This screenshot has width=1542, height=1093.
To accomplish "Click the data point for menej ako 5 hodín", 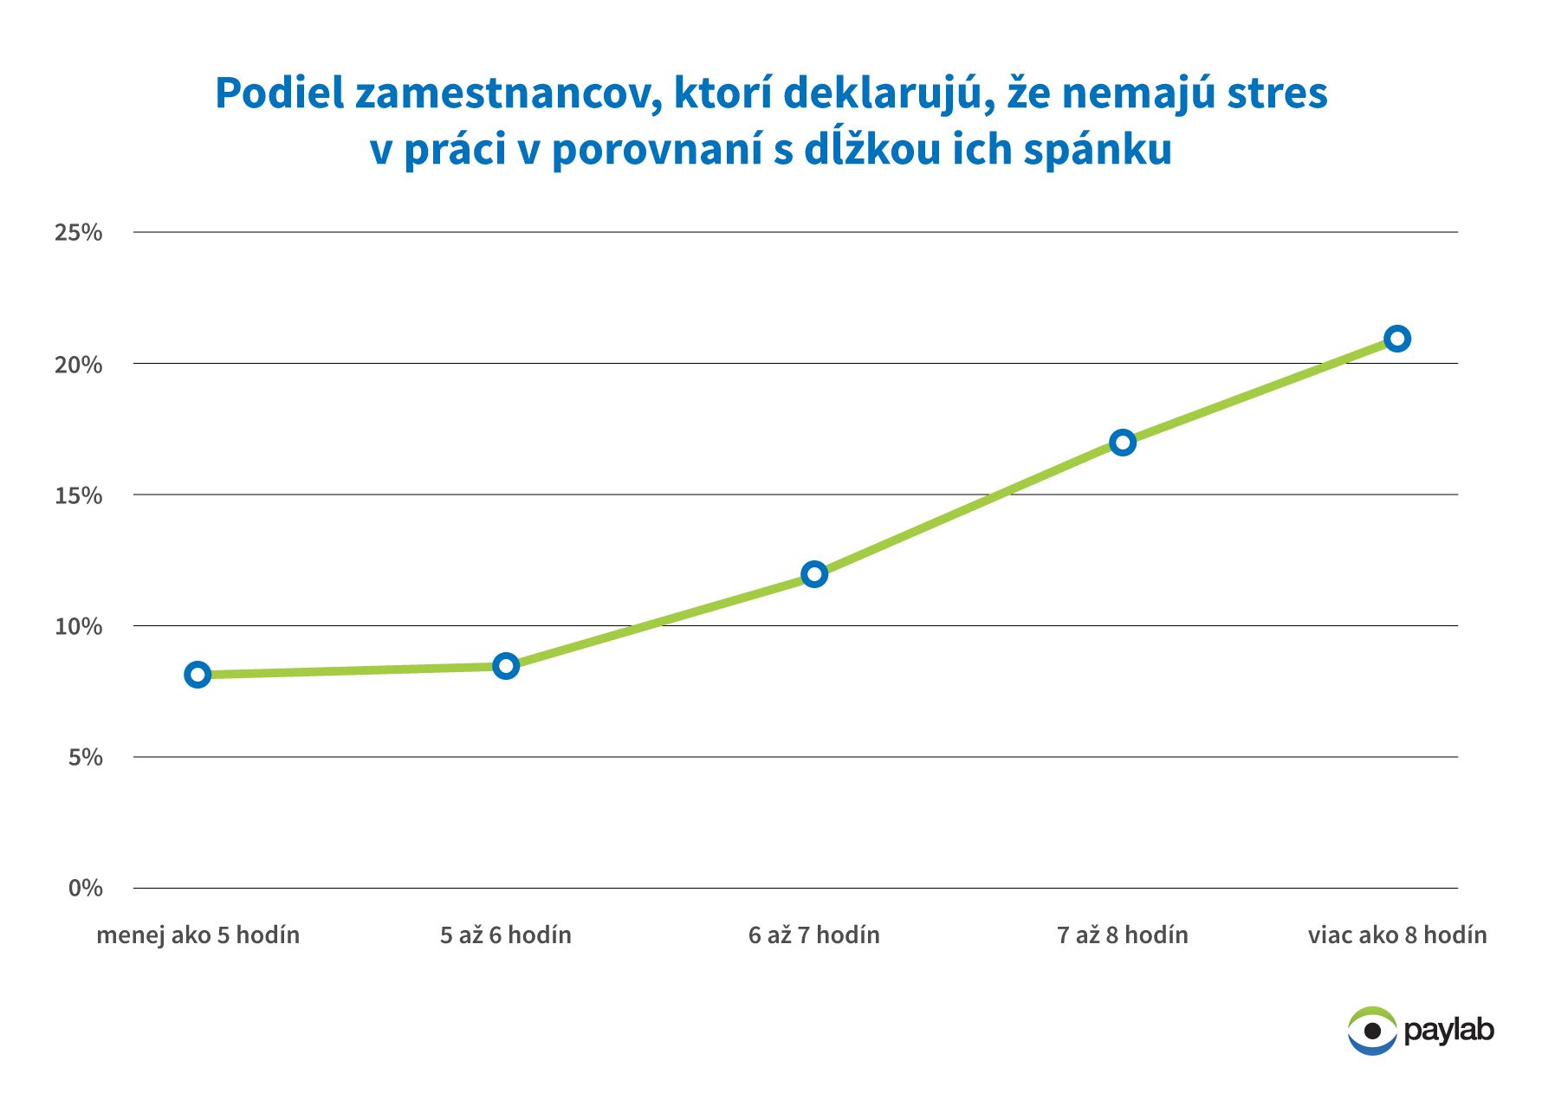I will [x=198, y=675].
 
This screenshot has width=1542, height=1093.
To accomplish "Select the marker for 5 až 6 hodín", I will [x=506, y=666].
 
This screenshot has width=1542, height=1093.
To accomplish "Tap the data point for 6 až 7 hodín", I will [x=814, y=574].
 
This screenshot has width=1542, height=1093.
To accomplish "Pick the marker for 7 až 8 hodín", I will [x=1123, y=443].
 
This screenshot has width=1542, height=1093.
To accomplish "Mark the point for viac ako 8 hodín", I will [x=1396, y=339].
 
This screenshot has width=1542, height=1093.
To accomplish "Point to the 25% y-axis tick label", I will [x=78, y=232].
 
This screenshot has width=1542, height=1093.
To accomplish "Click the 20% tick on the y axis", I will [x=78, y=365].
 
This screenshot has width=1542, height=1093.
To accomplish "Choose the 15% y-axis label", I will [x=78, y=495].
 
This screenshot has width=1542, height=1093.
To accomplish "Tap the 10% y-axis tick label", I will [x=78, y=626].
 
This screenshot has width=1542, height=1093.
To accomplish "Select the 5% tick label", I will [x=85, y=757].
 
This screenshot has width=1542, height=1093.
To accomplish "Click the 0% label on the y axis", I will [x=85, y=888].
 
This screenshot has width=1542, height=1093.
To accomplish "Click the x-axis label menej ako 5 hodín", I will [x=198, y=935].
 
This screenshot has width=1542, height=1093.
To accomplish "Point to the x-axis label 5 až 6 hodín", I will [x=506, y=935].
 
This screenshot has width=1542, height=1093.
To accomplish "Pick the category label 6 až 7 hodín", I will [x=814, y=935].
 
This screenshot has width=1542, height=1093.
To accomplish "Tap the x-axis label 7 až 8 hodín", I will [x=1123, y=935].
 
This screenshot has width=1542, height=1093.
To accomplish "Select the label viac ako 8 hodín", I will [x=1396, y=935].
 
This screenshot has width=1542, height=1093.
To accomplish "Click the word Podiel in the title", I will [x=279, y=93].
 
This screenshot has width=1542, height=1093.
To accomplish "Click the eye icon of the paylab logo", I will [x=1372, y=1031].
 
